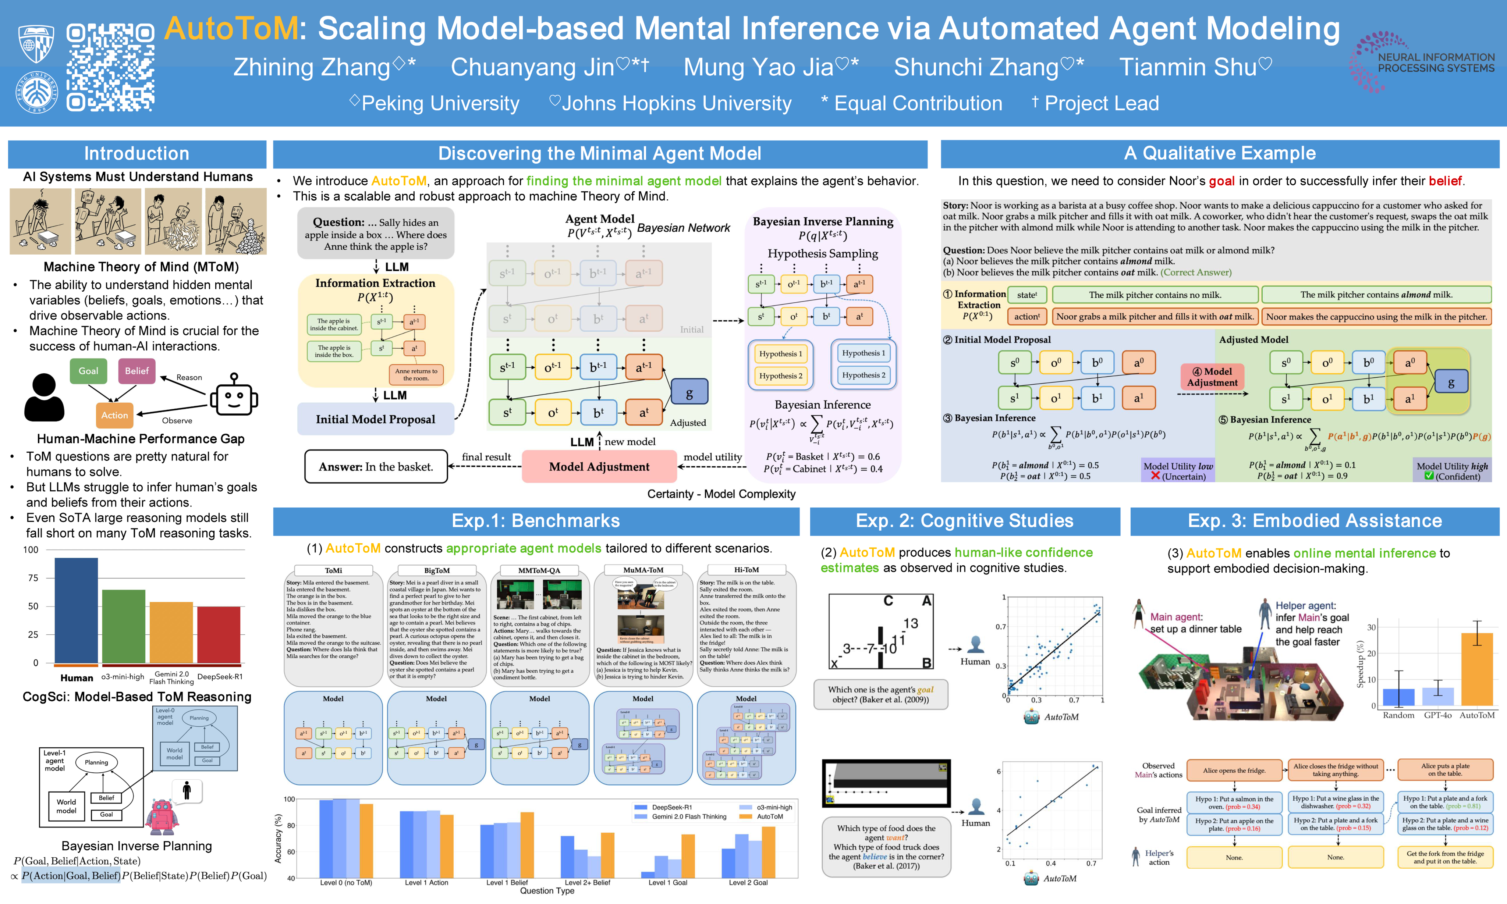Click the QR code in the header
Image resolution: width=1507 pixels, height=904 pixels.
point(110,67)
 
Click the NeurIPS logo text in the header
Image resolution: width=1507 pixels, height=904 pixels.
point(1435,63)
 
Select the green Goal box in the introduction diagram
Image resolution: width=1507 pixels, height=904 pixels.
point(88,371)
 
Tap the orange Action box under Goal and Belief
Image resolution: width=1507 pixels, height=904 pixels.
point(114,415)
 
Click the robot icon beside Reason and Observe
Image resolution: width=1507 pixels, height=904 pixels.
point(234,396)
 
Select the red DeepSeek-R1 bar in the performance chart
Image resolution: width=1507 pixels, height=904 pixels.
point(219,634)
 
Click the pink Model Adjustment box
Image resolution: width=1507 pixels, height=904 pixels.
point(599,467)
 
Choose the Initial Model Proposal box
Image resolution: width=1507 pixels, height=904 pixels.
point(375,419)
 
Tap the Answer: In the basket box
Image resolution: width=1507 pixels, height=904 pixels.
point(376,467)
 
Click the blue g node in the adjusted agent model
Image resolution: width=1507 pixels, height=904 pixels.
point(689,393)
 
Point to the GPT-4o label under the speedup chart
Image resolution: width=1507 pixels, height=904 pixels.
point(1437,715)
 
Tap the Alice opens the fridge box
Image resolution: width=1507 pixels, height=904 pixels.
point(1234,770)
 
